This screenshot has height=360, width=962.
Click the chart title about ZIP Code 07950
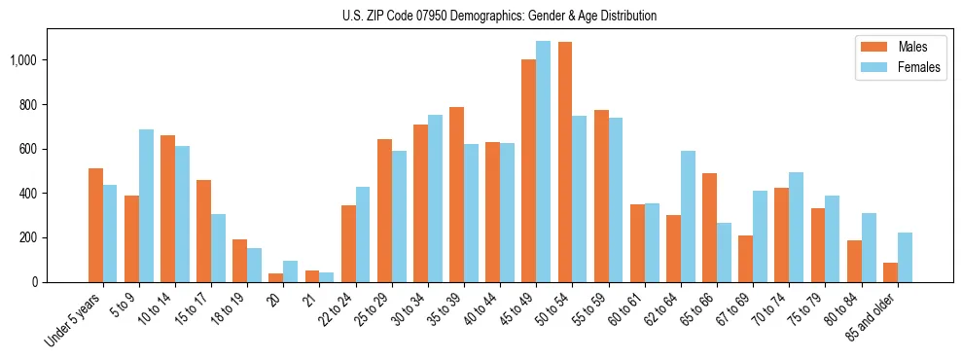(500, 16)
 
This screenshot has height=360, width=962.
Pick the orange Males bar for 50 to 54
(564, 162)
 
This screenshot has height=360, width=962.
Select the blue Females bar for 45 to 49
(543, 162)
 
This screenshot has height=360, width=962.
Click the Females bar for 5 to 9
(146, 205)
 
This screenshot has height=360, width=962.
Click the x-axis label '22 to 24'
(339, 311)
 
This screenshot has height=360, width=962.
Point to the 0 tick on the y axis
(40, 282)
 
